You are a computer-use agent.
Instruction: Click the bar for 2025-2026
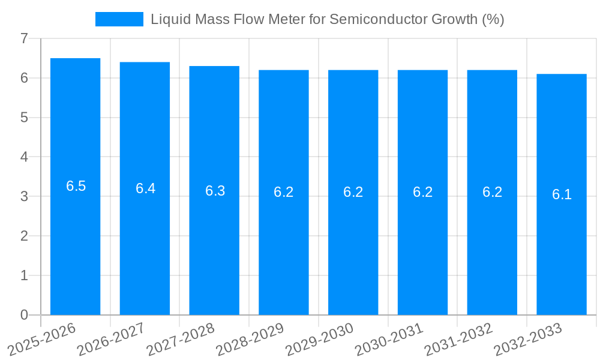coord(75,186)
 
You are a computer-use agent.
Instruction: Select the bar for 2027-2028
coord(214,190)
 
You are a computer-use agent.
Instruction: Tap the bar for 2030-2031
coord(422,192)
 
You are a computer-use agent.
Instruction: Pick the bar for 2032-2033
coord(562,194)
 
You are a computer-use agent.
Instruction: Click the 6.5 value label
coord(76,186)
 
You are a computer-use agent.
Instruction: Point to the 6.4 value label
coord(145,188)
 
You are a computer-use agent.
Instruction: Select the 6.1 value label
coord(562,194)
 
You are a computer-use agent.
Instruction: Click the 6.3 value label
coord(215,191)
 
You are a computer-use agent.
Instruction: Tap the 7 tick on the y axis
coord(24,38)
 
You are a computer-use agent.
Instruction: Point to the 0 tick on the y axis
coord(24,315)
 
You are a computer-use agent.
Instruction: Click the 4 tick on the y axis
coord(24,157)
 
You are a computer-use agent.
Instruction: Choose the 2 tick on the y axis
coord(24,236)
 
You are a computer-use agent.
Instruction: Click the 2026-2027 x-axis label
coord(110,339)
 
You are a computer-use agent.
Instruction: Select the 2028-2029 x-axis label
coord(250,339)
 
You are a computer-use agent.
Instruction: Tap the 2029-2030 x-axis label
coord(319,339)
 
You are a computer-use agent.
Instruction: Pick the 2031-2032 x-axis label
coord(458,339)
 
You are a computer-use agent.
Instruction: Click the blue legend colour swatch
coord(119,19)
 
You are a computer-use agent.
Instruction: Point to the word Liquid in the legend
coord(169,19)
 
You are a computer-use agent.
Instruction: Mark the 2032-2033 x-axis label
coord(528,339)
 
